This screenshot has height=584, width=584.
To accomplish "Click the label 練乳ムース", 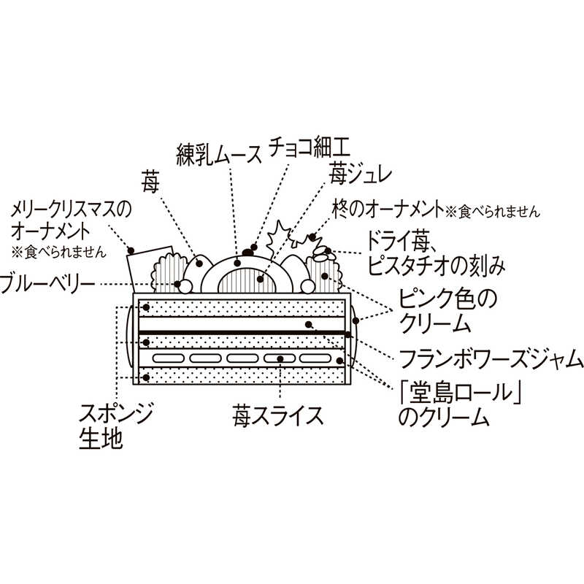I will [218, 153].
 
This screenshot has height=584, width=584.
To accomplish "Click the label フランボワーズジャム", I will [491, 359].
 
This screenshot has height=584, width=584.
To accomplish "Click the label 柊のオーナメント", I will [387, 210].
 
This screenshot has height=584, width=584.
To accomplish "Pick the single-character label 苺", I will [152, 178].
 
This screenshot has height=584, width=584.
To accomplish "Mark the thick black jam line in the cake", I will [241, 332].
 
